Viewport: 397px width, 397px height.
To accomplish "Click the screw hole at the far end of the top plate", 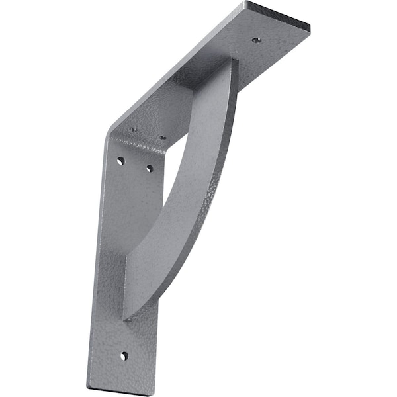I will (255, 40).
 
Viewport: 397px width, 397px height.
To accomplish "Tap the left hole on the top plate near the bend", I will (133, 129).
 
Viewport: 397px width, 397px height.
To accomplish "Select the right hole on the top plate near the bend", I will (163, 138).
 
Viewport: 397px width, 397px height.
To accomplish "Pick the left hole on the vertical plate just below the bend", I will (120, 161).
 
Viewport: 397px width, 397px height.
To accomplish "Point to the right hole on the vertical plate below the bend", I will (150, 169).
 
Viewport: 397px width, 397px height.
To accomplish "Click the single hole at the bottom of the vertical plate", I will (124, 356).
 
